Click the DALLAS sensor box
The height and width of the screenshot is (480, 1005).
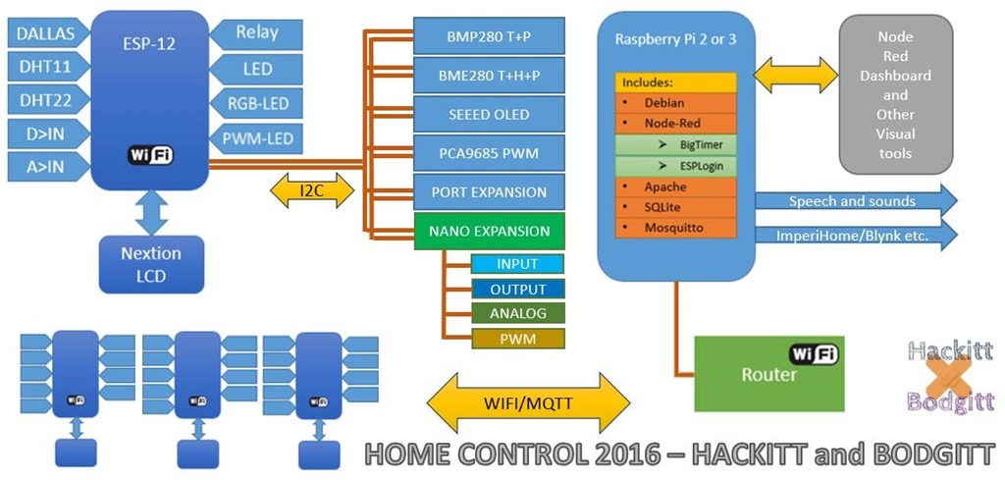pos(45,33)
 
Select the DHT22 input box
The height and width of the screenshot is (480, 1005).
pos(45,100)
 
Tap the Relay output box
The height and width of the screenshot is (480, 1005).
pos(257,32)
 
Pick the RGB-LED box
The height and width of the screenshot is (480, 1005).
pos(257,102)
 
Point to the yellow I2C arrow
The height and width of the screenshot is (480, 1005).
pos(310,188)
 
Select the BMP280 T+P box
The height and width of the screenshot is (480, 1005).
pos(489,36)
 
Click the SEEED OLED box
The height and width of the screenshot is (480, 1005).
pos(489,114)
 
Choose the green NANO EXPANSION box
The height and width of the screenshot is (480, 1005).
pos(489,231)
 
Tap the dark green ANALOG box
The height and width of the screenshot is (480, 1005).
pos(517,314)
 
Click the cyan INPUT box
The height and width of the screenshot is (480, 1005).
pos(517,264)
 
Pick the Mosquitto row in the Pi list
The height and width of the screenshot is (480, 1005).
pos(675,227)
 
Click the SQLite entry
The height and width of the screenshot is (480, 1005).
pos(675,207)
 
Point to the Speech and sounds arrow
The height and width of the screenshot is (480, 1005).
pos(854,201)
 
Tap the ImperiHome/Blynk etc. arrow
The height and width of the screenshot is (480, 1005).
pos(854,236)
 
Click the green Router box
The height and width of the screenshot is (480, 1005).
pos(768,374)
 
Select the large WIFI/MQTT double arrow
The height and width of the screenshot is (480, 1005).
pos(529,402)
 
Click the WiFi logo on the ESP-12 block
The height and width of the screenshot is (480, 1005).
pos(150,155)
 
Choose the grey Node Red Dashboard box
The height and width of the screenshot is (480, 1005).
pos(895,94)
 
